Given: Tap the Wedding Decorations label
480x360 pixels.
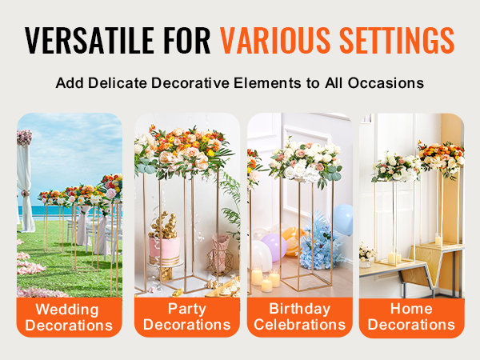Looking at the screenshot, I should click(70, 317).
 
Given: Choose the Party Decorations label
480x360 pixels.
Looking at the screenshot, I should click(186, 317).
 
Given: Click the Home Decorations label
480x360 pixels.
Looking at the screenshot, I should click(411, 317).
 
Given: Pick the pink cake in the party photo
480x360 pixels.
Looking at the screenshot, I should click(165, 248).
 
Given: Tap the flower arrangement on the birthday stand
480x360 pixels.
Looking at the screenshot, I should click(305, 158).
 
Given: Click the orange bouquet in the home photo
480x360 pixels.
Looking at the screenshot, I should click(441, 154).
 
